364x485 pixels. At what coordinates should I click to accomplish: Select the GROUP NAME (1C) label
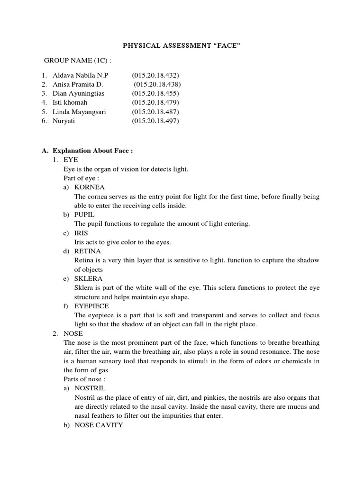click(78, 61)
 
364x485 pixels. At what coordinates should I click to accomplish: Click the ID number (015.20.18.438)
click(157, 84)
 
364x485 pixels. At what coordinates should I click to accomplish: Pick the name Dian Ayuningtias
click(79, 93)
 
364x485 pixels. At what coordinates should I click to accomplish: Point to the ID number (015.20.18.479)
click(156, 102)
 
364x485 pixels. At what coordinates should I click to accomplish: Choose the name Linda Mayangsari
click(79, 112)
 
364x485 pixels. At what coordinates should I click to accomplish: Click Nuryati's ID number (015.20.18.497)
click(156, 121)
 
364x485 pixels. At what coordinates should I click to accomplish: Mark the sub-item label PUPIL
click(85, 215)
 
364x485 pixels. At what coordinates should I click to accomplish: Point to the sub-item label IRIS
click(82, 233)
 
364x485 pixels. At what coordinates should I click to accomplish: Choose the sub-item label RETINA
click(88, 251)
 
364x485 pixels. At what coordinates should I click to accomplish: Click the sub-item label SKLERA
click(88, 278)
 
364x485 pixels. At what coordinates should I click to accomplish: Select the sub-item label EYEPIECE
click(92, 306)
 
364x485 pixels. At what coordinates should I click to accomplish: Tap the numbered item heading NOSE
click(73, 333)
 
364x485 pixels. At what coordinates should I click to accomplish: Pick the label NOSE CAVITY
click(99, 425)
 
